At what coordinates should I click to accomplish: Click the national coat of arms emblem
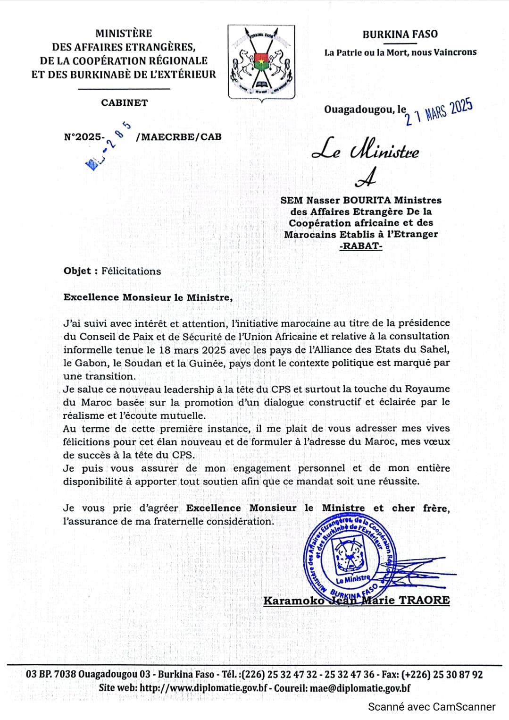point(261,62)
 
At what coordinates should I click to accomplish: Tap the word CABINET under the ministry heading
point(124,102)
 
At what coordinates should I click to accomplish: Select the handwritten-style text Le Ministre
point(365,150)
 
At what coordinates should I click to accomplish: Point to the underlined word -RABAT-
point(361,246)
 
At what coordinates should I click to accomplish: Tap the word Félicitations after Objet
point(131,271)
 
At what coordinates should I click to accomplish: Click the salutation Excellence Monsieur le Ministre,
point(148,297)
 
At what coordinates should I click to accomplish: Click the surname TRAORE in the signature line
point(424,601)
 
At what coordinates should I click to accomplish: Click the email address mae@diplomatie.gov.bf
point(360,688)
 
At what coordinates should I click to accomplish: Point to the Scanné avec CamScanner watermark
point(431,707)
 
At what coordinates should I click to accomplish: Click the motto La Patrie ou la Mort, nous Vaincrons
point(400,52)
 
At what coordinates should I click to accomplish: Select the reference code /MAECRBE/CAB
point(178,137)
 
